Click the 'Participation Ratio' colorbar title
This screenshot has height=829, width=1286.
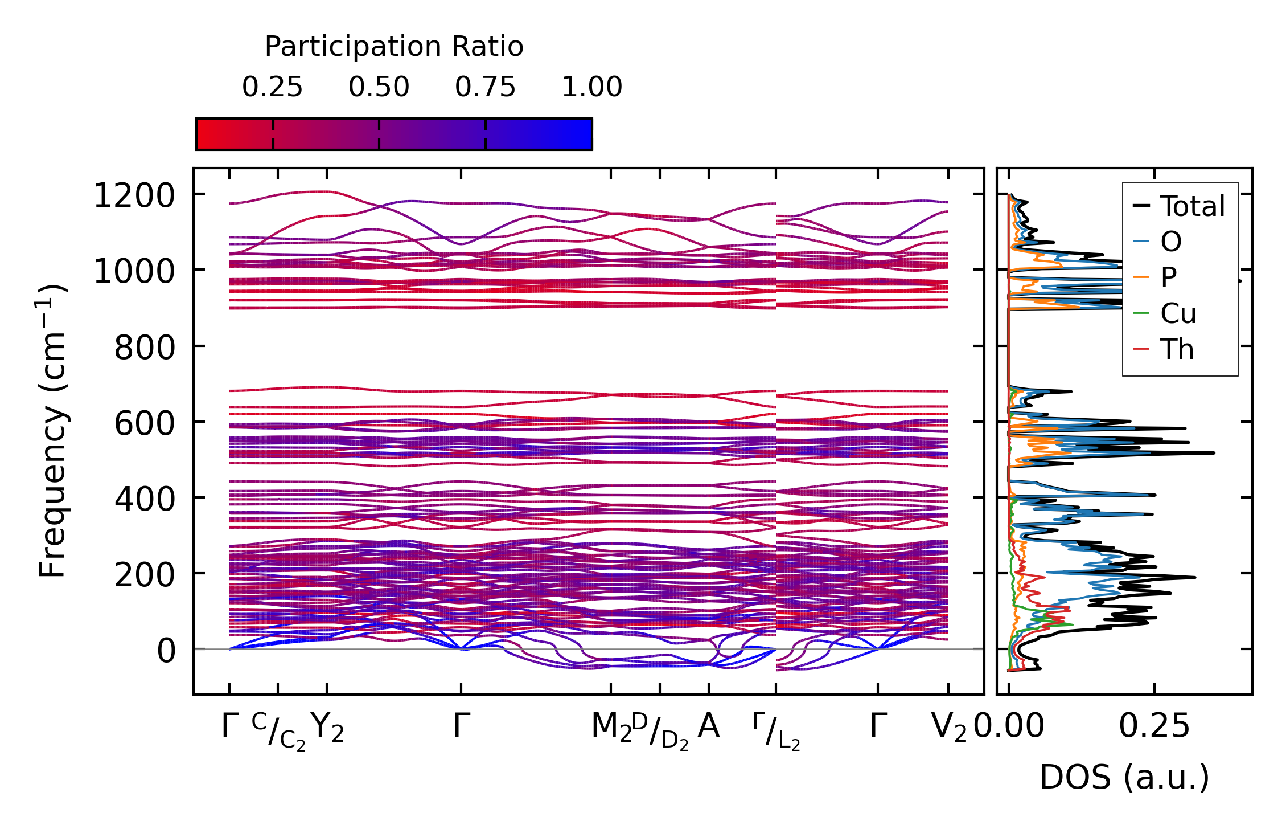[394, 47]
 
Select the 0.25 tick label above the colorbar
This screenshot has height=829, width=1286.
[272, 87]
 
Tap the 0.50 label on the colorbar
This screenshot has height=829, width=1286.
[379, 87]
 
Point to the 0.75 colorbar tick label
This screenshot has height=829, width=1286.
[485, 87]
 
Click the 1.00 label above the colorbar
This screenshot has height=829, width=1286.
[591, 87]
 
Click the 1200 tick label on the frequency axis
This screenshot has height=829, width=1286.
[134, 196]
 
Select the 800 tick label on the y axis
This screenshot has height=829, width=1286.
[145, 348]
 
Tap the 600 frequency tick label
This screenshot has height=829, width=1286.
[145, 423]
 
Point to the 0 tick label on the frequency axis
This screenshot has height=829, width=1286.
[166, 651]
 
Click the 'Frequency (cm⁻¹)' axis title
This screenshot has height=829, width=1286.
[53, 431]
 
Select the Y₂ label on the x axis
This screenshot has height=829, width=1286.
[328, 728]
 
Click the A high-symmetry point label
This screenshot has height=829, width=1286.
[709, 726]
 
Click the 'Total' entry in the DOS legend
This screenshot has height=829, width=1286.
[1192, 206]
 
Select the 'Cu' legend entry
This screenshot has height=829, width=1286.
[1178, 313]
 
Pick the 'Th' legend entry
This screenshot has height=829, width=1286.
[1177, 349]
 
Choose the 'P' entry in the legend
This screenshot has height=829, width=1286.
[1169, 277]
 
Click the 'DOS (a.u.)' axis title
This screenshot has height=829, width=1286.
[1124, 777]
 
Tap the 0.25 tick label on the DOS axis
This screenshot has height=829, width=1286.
[1154, 727]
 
